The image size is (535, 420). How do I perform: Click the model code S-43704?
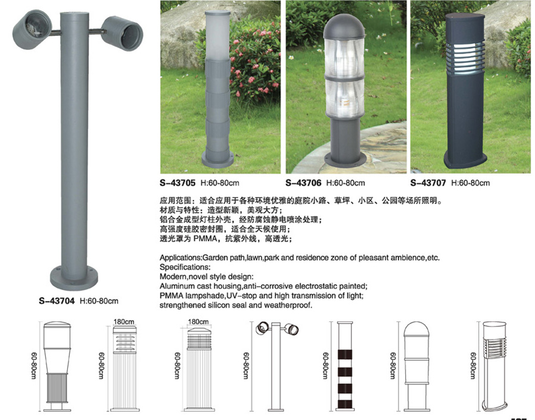tap(57, 301)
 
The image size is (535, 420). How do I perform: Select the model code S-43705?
tap(178, 183)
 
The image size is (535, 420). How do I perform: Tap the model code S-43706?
tap(303, 183)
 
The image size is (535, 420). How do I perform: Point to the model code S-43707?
tap(428, 183)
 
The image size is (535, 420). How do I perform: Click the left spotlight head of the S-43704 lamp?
tap(32, 30)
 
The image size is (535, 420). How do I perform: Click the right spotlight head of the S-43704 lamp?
tap(122, 33)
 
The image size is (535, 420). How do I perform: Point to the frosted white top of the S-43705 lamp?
tap(217, 36)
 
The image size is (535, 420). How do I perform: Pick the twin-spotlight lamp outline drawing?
tap(277, 366)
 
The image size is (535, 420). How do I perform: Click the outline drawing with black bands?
tap(344, 366)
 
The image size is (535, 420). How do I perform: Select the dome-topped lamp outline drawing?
tap(416, 366)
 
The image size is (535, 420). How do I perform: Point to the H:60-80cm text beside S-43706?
tap(346, 183)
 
